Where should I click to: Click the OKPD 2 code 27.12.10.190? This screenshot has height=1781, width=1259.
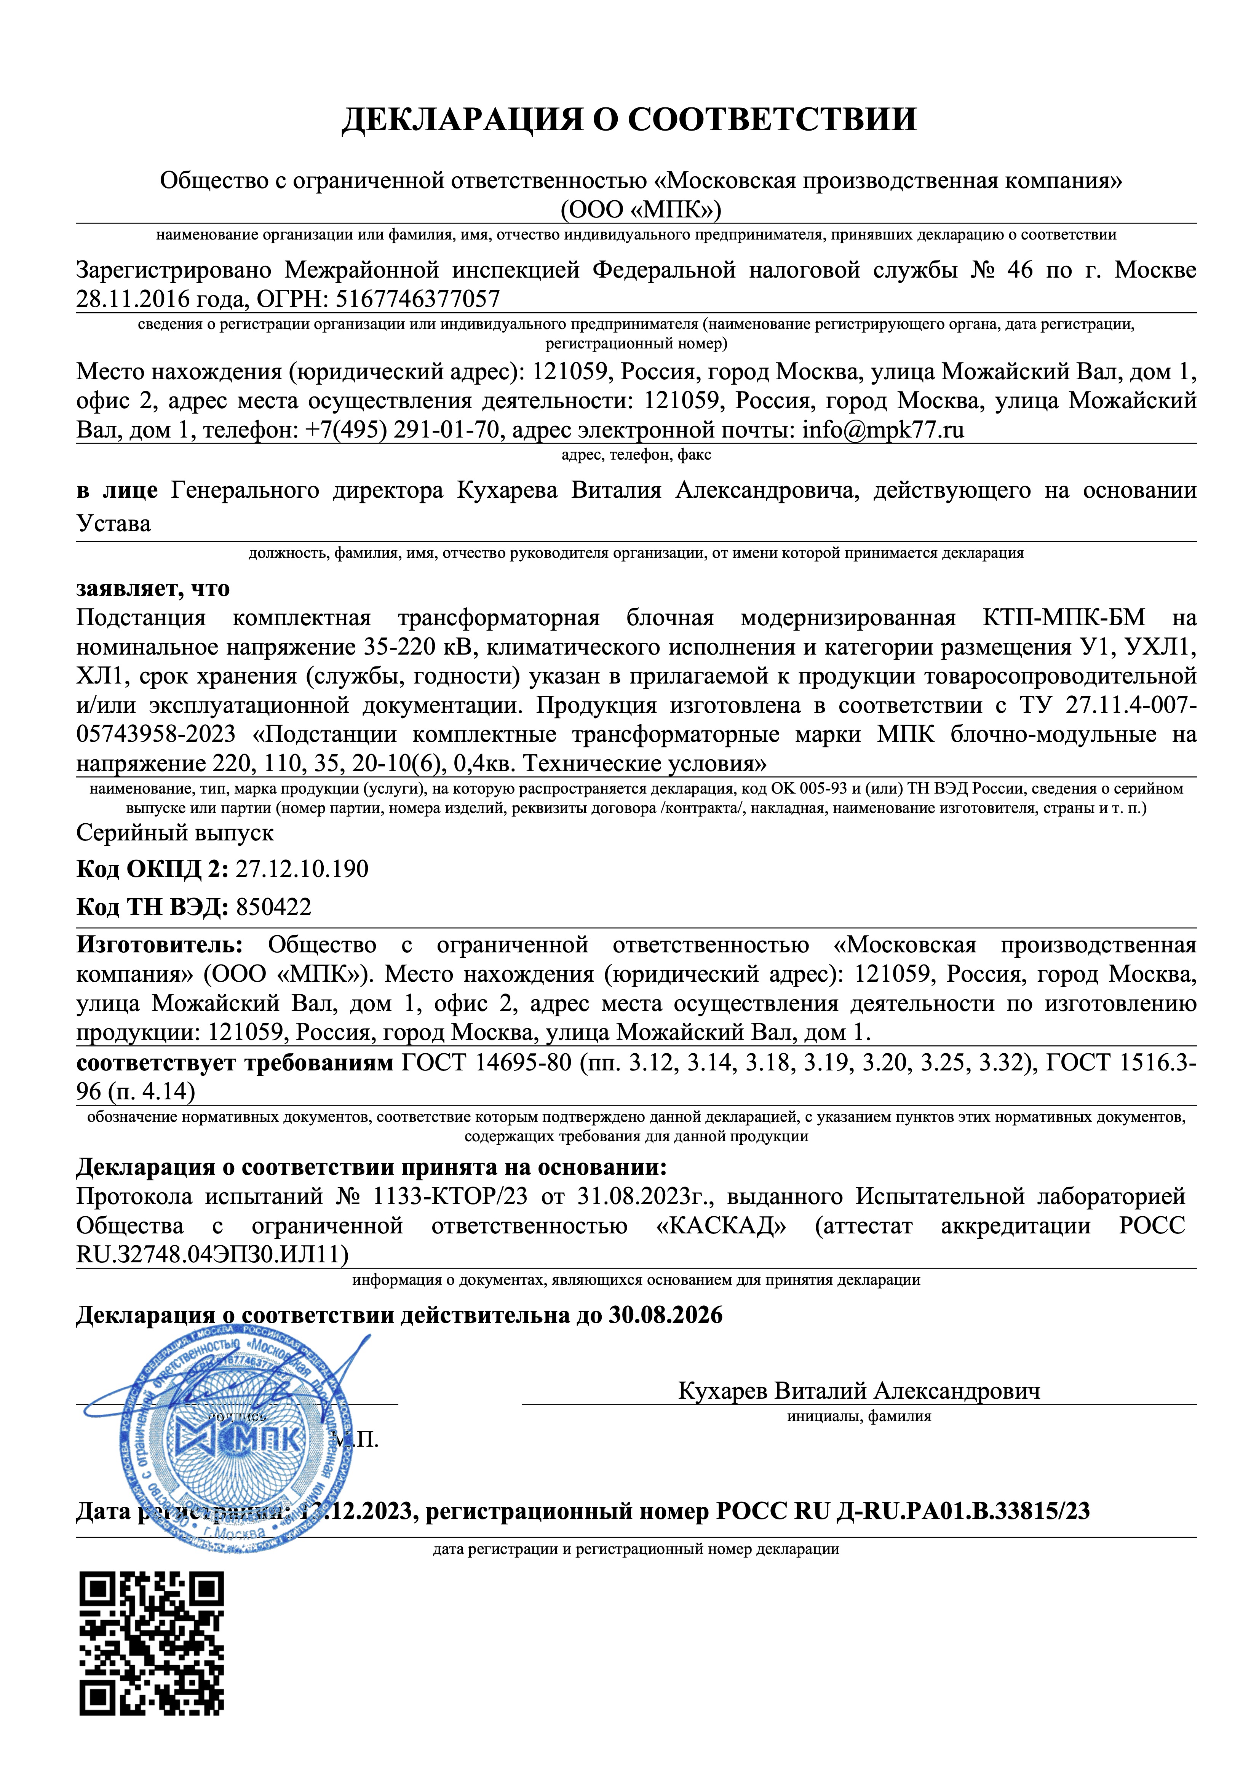tap(302, 869)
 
